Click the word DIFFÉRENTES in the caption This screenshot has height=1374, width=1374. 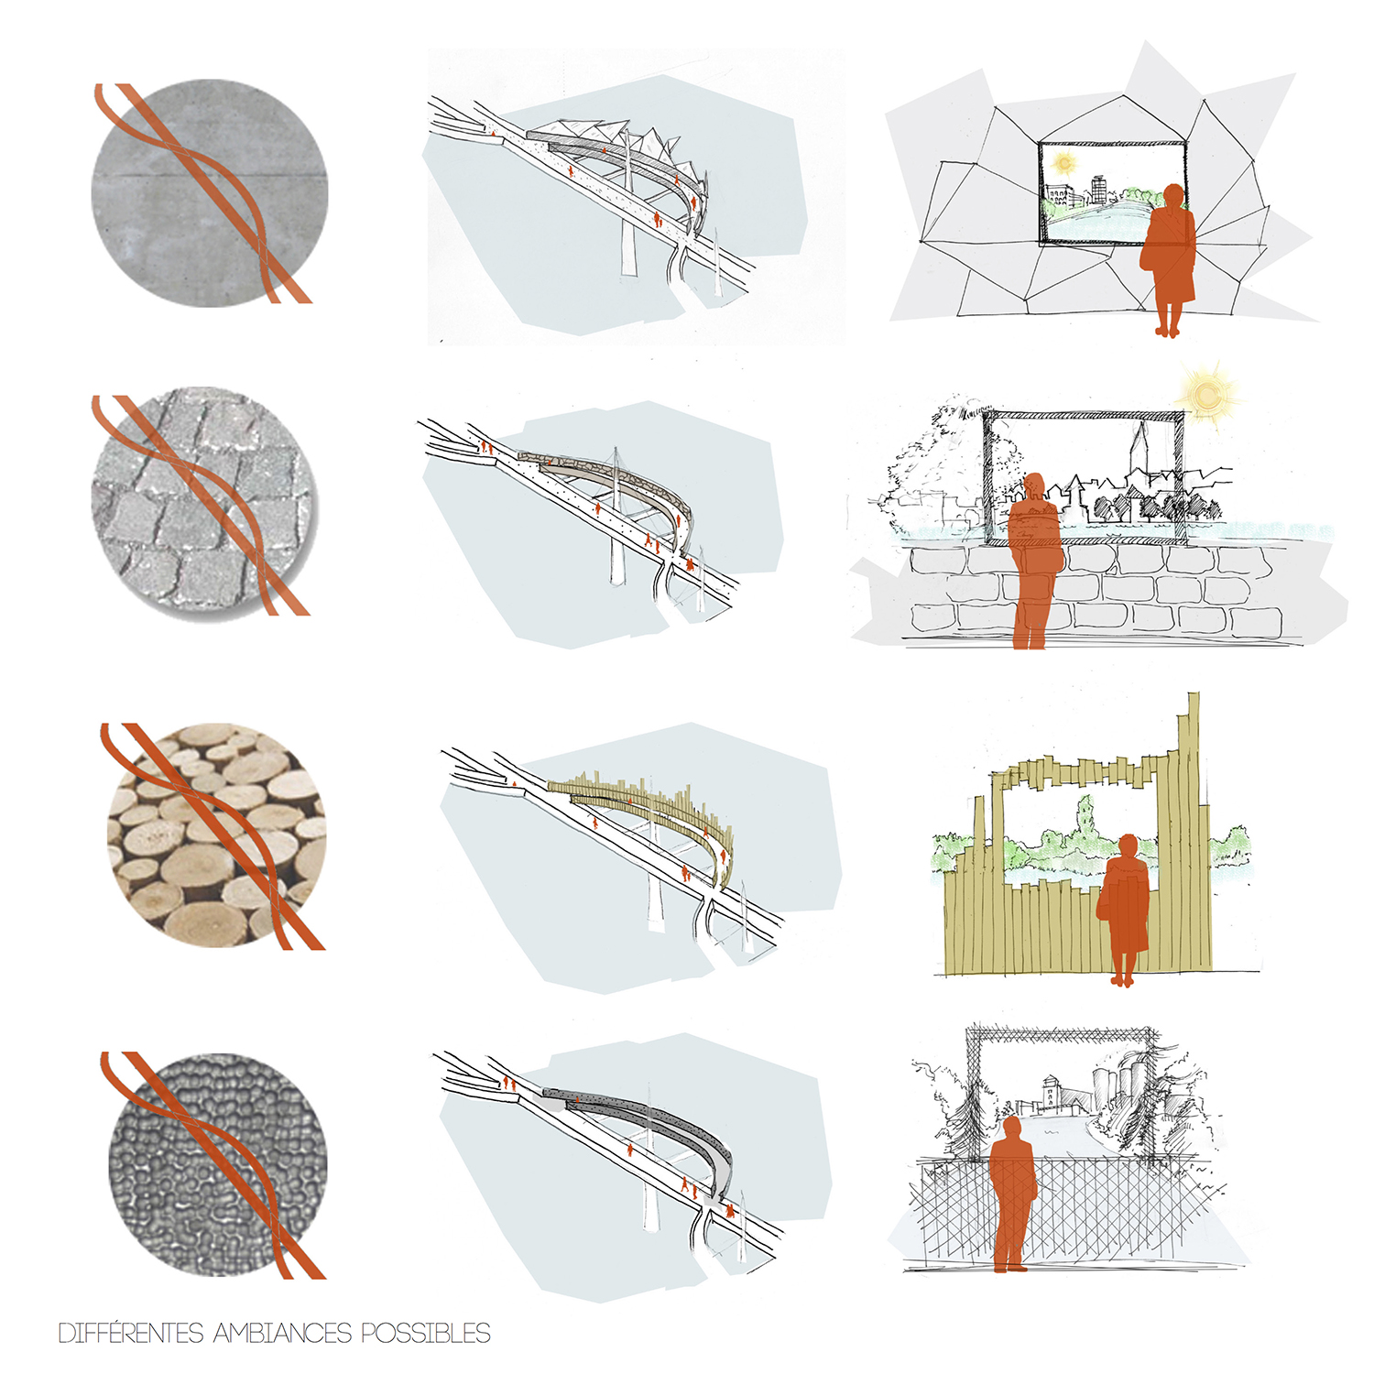pyautogui.click(x=131, y=1333)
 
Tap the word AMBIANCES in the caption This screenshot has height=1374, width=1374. pyautogui.click(x=282, y=1334)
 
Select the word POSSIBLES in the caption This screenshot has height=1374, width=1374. pyautogui.click(x=426, y=1334)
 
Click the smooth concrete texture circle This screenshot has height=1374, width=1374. pyautogui.click(x=210, y=192)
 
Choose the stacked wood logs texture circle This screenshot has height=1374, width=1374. pyautogui.click(x=216, y=834)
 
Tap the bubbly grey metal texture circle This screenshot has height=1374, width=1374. pyautogui.click(x=217, y=1163)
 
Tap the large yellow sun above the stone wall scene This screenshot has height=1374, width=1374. pyautogui.click(x=1207, y=395)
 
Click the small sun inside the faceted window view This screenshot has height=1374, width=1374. pyautogui.click(x=1064, y=164)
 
